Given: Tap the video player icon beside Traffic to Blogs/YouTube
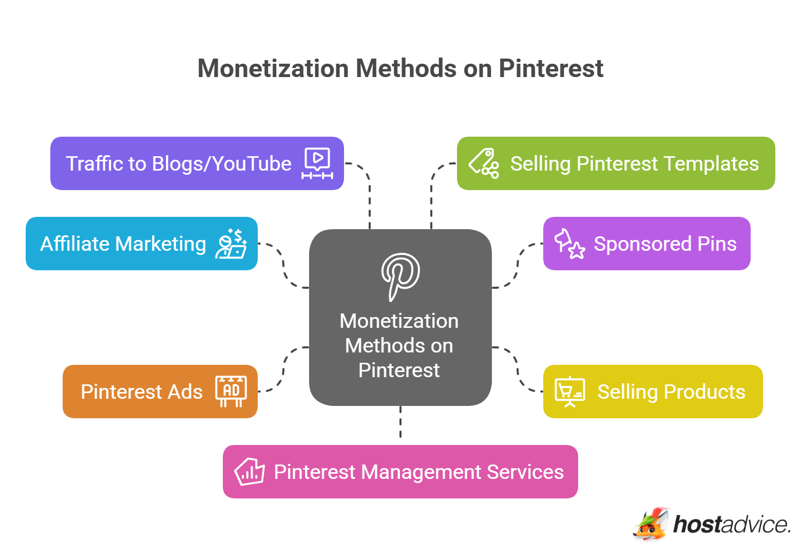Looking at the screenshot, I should point(317,163).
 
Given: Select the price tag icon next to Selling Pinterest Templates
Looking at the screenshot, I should point(484,163).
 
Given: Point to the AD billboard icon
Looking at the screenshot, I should point(231,391).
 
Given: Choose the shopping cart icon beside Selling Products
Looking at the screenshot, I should point(569,392).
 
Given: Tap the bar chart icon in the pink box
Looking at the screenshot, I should point(250,472).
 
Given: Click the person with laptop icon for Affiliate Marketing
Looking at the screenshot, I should point(231,244).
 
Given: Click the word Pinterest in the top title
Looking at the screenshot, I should point(551,68).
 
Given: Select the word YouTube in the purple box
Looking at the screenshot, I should point(252,163).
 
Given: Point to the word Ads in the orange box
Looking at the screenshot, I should point(185,392).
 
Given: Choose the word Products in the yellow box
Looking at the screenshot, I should point(704,392).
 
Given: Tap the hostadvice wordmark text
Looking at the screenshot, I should point(731,525).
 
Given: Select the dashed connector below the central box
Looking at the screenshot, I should point(400,422).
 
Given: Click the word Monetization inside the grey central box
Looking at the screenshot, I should point(399,321).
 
